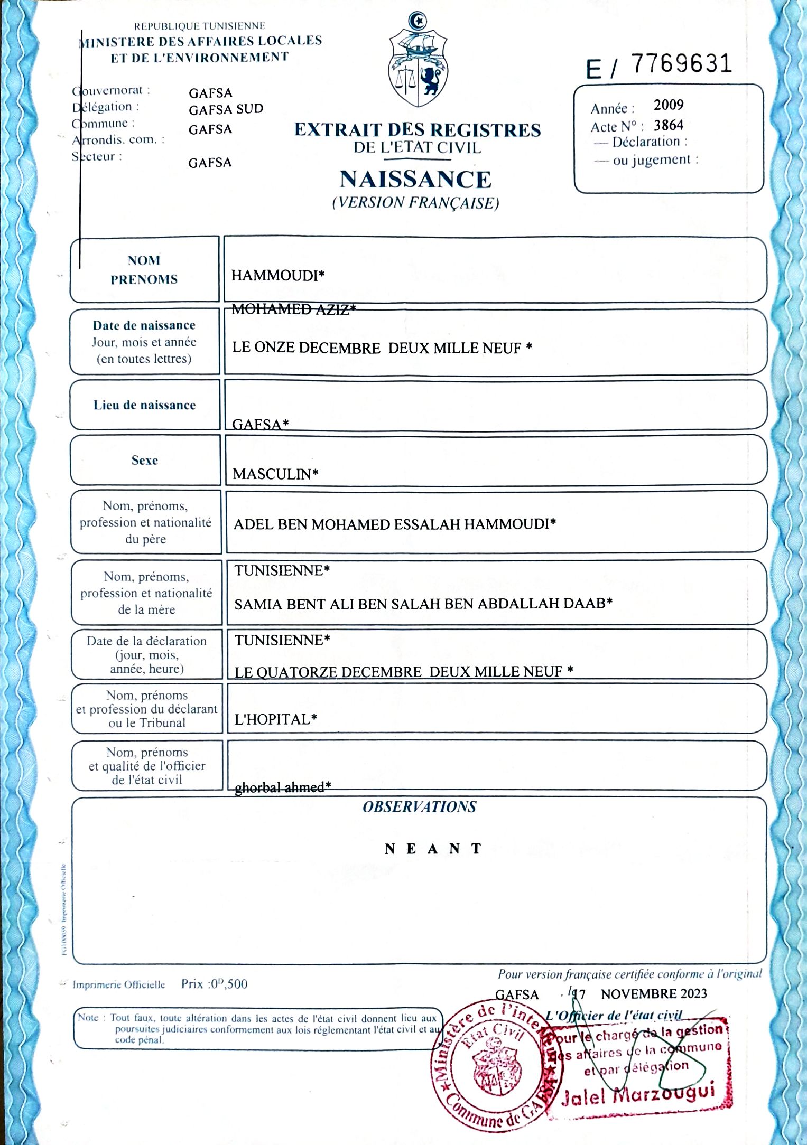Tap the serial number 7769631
coord(682,64)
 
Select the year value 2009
coord(669,105)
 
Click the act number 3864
coord(669,126)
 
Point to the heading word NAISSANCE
coord(415,180)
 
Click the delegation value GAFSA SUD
coord(226,109)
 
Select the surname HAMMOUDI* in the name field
coord(277,275)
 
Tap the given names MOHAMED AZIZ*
coord(293,309)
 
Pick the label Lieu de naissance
coord(144,405)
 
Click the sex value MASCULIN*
coord(275,474)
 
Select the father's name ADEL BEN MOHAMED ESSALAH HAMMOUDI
coord(394,524)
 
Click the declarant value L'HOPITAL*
coord(275,719)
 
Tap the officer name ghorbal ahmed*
coord(283,787)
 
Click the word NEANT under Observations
coord(433,849)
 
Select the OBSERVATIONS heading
coord(419,807)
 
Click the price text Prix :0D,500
coord(214,984)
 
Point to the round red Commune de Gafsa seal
coord(489,1067)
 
